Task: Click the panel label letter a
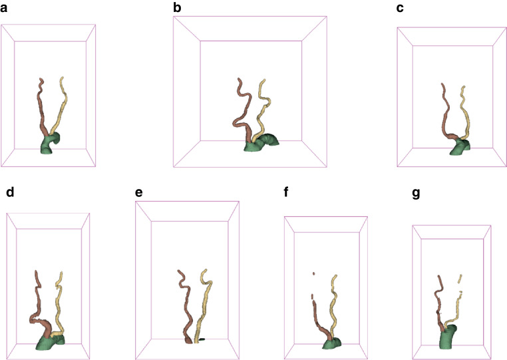[x=6, y=11]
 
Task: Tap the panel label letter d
[x=9, y=193]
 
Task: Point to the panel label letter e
[x=138, y=193]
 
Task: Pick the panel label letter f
[x=287, y=193]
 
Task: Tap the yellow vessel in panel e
[x=205, y=299]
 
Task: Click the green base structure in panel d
[x=47, y=343]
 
